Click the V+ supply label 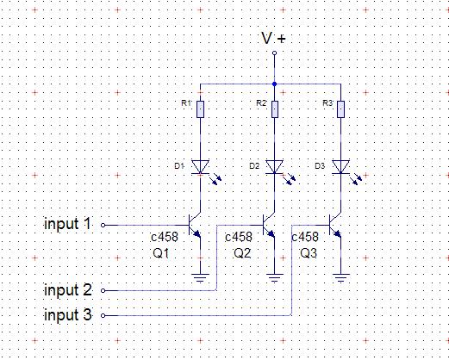pos(273,39)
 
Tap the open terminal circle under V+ pos(274,53)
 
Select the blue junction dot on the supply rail pos(274,84)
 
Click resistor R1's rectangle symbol pos(200,109)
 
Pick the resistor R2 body pos(275,109)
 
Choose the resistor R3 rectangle pos(340,109)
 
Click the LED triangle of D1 pos(200,167)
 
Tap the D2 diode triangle pos(275,167)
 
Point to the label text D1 pos(179,166)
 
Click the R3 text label pos(327,103)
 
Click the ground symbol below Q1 pos(200,278)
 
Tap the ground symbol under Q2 pos(275,278)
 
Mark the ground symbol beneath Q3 pos(340,278)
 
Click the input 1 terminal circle pos(103,225)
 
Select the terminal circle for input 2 pos(103,290)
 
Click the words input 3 pos(68,315)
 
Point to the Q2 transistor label pos(242,253)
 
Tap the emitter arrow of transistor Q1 pos(196,234)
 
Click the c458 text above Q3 pos(305,237)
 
